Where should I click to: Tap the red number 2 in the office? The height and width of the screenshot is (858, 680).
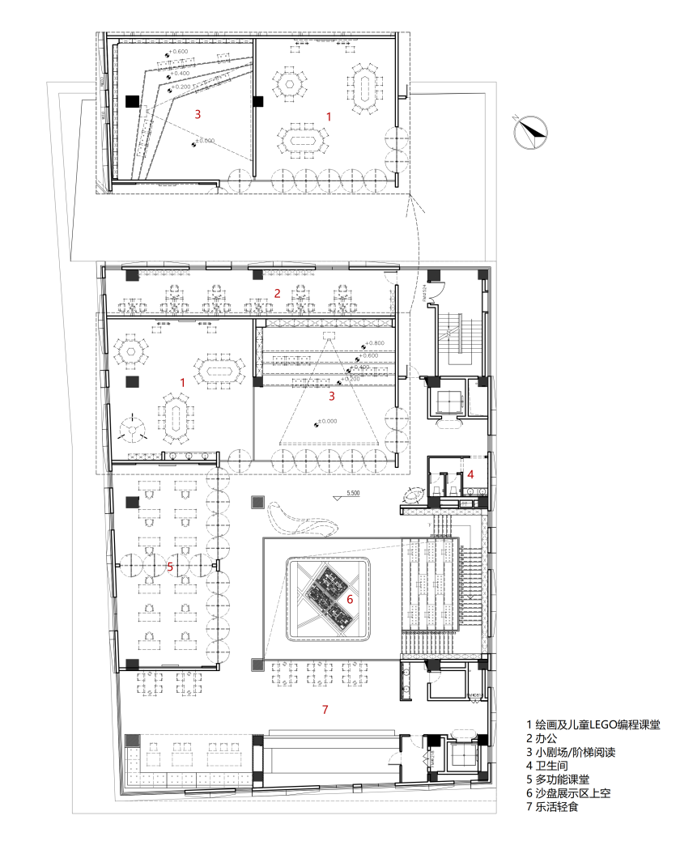[x=277, y=293]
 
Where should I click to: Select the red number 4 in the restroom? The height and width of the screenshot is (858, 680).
[x=470, y=474]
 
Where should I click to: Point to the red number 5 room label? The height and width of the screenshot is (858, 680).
[x=169, y=566]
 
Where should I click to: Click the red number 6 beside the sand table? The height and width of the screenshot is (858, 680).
[x=350, y=600]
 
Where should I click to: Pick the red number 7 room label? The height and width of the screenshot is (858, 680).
[x=325, y=710]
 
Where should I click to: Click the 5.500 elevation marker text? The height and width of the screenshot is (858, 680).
[x=353, y=493]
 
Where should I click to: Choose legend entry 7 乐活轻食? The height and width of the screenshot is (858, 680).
[x=558, y=806]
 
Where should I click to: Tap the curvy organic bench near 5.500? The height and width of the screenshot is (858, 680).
[x=303, y=518]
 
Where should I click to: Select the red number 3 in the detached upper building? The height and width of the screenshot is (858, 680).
[x=198, y=114]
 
